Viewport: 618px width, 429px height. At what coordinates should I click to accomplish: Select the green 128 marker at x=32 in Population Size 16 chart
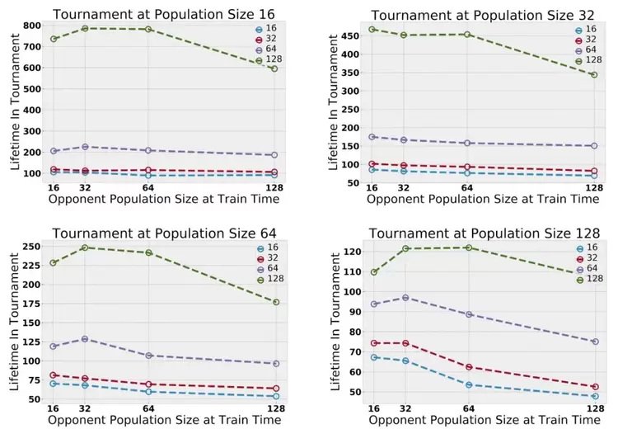[85, 28]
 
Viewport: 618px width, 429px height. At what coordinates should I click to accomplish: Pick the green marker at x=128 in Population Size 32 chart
[593, 74]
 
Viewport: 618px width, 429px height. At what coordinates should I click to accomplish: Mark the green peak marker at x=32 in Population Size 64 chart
[85, 247]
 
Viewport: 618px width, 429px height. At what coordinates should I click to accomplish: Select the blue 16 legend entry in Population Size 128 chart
[582, 247]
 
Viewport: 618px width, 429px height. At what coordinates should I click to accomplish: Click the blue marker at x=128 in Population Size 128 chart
[594, 396]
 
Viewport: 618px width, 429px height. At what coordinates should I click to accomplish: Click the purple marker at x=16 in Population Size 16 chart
[54, 151]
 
